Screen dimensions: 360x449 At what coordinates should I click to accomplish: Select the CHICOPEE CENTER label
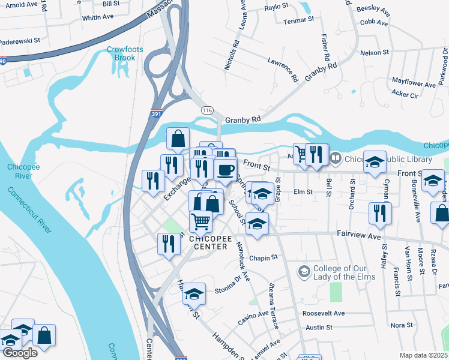coord(208,242)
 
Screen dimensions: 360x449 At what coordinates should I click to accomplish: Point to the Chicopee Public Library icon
coord(335,159)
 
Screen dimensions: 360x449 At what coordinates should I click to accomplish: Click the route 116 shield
coord(208,111)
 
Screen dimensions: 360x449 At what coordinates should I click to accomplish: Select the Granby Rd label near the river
coord(243,120)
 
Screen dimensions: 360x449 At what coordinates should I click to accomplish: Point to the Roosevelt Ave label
coord(324,313)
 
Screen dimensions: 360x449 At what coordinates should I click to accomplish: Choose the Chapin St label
coord(264,257)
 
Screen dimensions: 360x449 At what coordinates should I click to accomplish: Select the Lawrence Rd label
coord(282,70)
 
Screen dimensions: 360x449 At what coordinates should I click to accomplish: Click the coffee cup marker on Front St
coord(225,170)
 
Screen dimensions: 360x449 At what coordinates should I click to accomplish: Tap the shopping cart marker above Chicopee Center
coord(201,221)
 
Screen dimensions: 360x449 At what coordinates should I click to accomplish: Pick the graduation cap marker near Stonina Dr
coord(194,293)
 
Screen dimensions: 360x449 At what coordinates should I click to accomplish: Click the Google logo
coord(20,353)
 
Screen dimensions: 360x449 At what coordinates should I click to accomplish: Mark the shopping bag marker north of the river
coord(178,139)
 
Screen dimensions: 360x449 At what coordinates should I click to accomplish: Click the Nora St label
coord(397,325)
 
